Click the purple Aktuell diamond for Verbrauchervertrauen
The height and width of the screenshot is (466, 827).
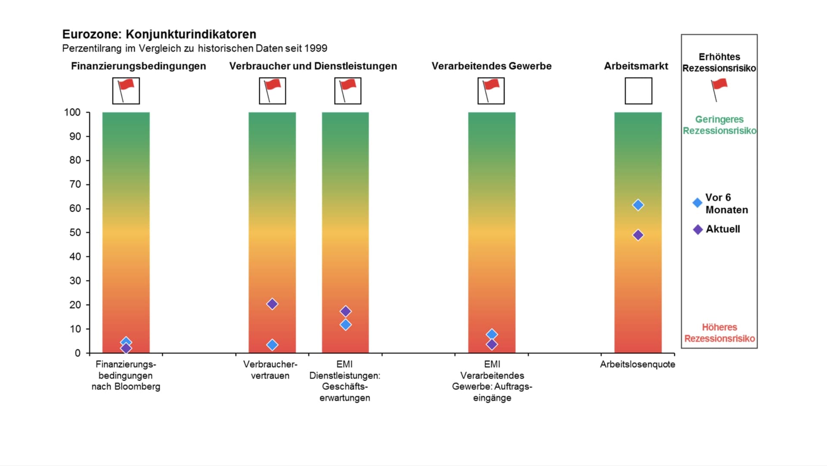[x=272, y=304]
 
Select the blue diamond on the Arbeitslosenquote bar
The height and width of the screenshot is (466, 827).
[x=638, y=205]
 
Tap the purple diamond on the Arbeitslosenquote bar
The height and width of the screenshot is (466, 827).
[x=638, y=235]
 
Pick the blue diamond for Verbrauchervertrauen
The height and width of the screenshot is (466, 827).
[x=272, y=344]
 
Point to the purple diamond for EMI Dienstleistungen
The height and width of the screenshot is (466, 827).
[x=345, y=311]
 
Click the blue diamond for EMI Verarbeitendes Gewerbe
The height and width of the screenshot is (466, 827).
[x=492, y=334]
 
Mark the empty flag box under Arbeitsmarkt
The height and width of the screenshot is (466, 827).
[x=638, y=91]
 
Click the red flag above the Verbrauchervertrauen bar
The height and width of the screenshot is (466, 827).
[x=272, y=90]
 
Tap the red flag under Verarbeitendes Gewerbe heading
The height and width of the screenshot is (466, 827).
[x=491, y=90]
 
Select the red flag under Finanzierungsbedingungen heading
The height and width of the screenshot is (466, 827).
[x=126, y=90]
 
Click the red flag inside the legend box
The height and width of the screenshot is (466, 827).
[x=719, y=89]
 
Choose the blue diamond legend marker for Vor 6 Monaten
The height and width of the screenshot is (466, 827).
[x=697, y=203]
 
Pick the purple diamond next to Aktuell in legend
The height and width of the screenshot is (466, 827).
[x=698, y=229]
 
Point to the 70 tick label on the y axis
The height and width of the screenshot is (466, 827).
[x=75, y=185]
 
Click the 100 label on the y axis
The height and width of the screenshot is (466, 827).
[x=72, y=113]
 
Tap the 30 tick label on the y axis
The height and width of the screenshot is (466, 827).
[x=75, y=281]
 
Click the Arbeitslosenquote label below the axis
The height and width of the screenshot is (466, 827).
[x=637, y=364]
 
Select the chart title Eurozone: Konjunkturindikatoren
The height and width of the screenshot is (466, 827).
[x=159, y=34]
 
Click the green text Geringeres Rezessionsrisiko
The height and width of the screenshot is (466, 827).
[x=719, y=125]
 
